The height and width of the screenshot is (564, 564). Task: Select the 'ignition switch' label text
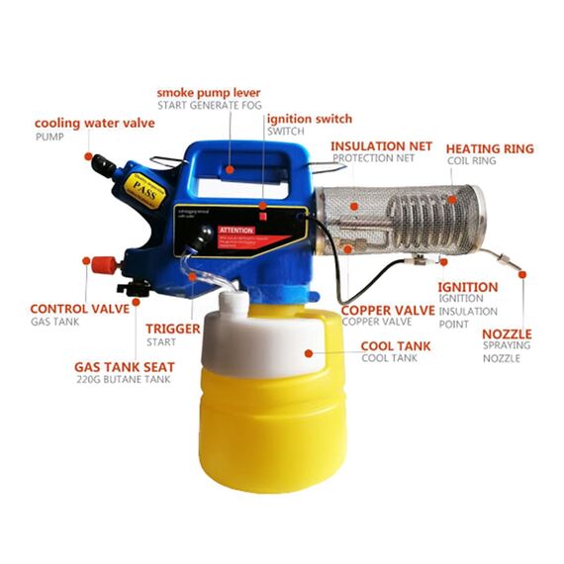[309, 119]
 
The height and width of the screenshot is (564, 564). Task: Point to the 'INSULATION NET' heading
[381, 145]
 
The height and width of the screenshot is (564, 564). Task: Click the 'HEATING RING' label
[489, 148]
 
